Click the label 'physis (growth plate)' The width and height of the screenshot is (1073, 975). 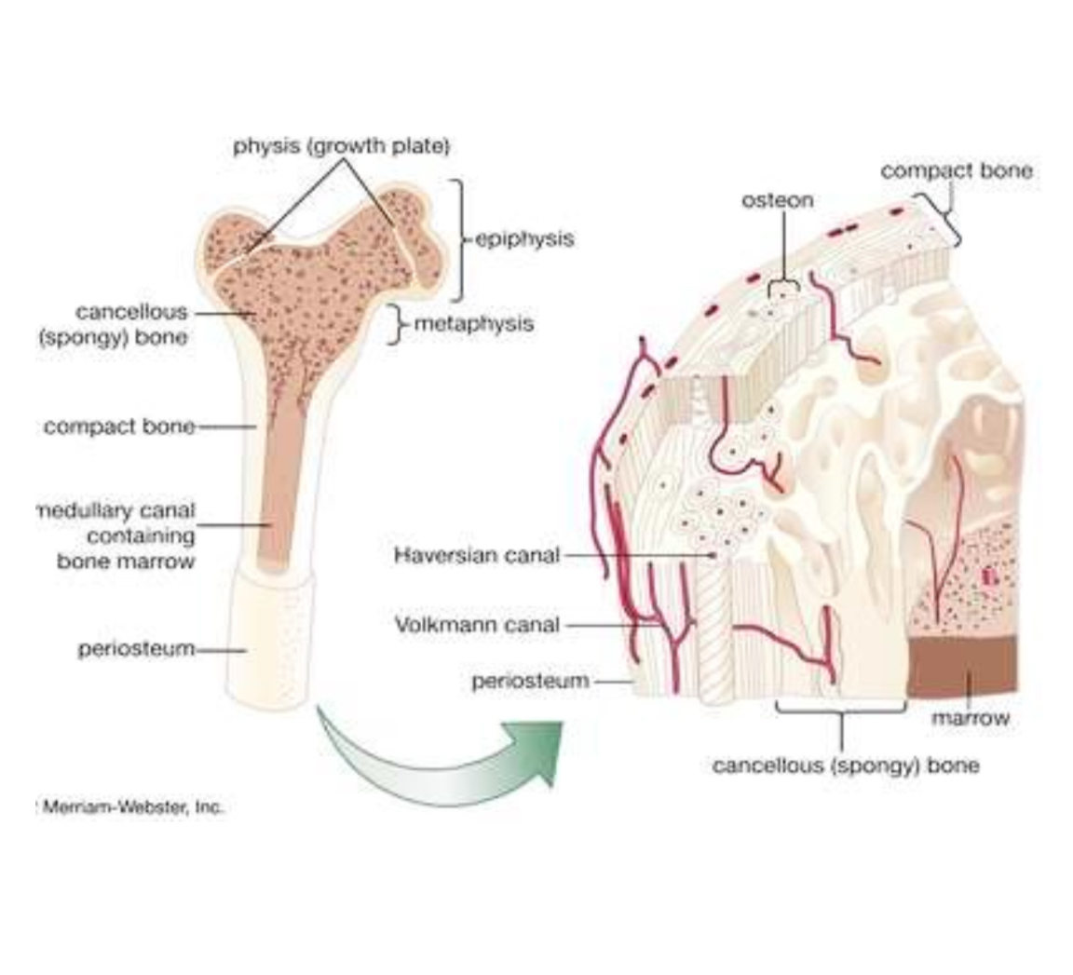341,146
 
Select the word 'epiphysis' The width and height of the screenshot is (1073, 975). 524,238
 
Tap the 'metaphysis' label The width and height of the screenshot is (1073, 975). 474,324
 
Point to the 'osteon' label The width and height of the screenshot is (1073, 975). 777,200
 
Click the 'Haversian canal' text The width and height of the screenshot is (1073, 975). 477,555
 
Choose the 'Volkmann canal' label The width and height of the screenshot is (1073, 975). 477,625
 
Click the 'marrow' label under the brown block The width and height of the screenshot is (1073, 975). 970,718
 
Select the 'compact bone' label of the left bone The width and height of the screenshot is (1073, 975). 119,427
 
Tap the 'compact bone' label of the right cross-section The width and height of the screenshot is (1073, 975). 957,170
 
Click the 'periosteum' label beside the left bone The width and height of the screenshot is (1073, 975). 136,649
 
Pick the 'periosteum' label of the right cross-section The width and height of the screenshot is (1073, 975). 530,681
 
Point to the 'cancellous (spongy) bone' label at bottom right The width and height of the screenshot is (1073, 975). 846,765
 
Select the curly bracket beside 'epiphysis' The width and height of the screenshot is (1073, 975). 457,239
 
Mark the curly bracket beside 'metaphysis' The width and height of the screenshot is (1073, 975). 398,324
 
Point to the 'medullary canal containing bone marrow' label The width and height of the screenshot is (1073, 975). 116,535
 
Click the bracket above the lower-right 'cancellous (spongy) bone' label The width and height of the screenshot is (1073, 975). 841,711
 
